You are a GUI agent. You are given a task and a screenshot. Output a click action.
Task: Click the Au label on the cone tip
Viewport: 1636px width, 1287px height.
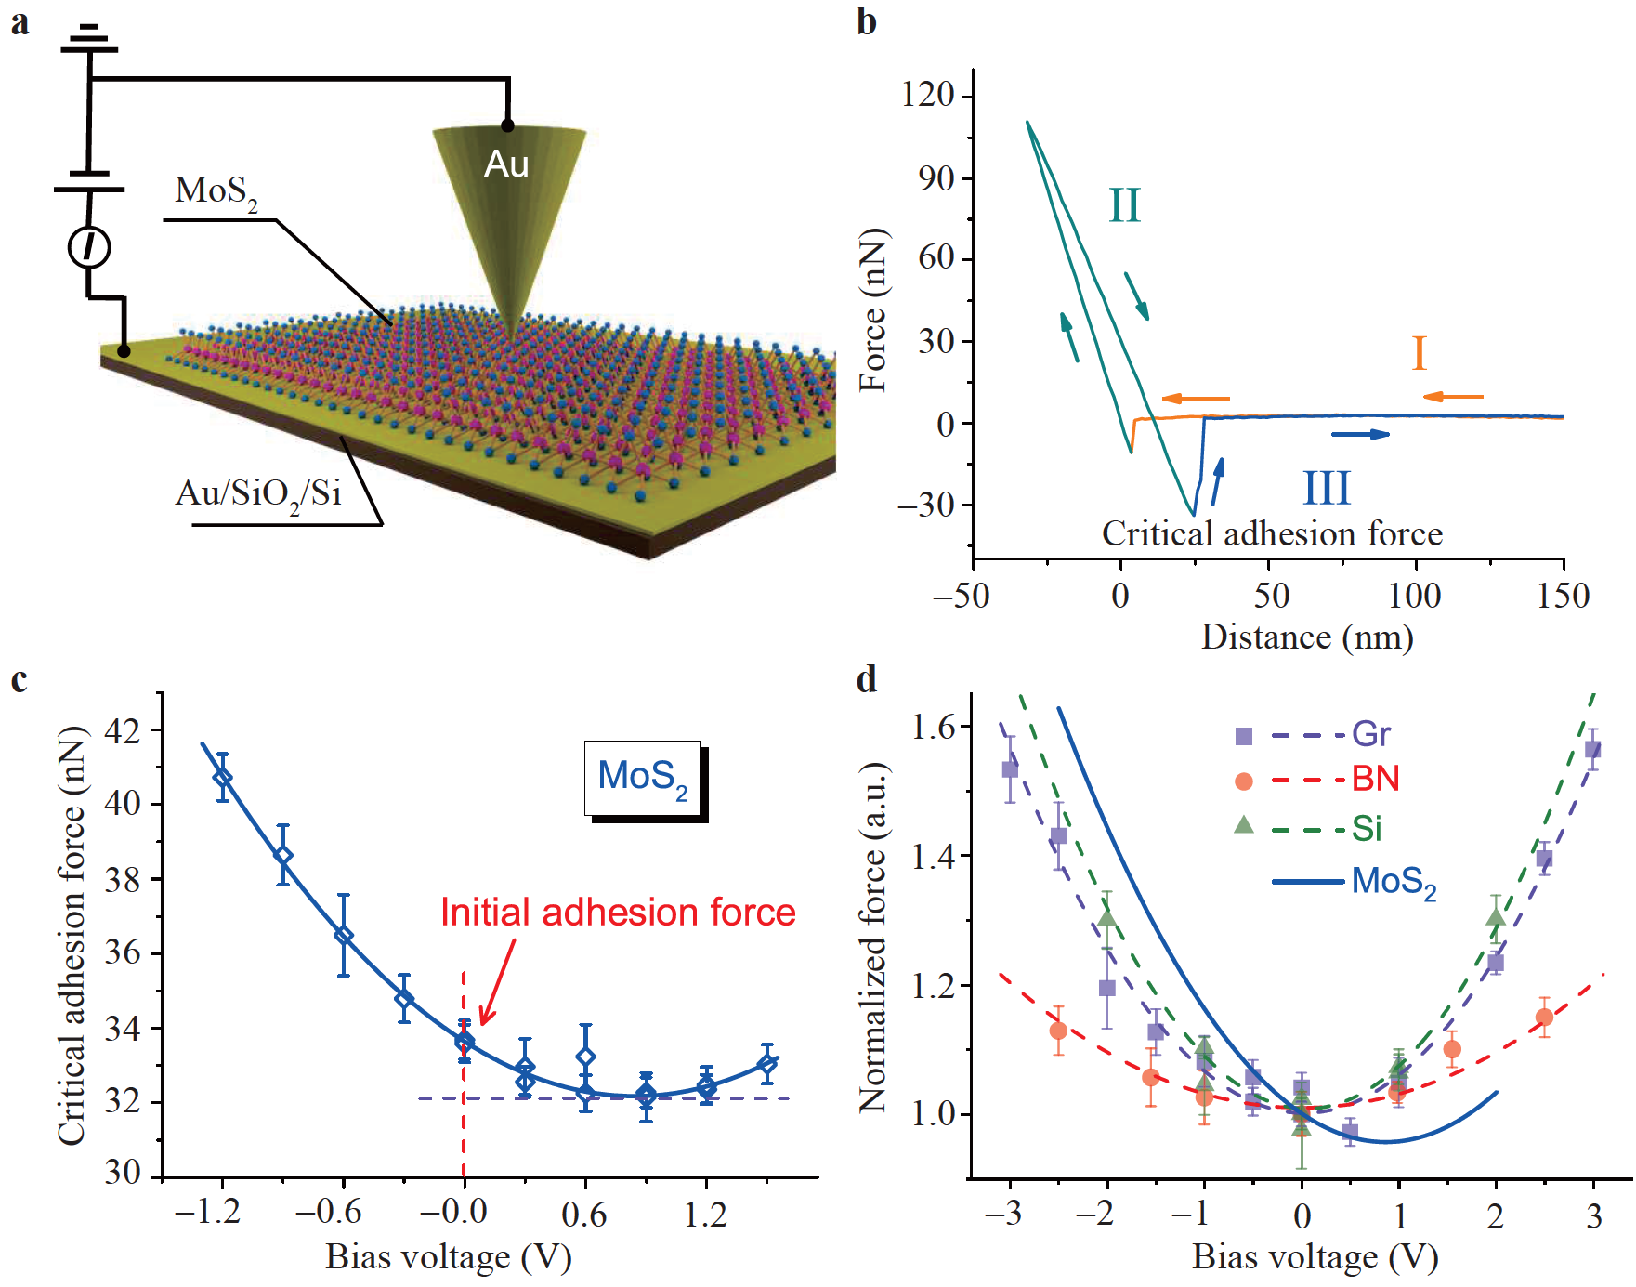click(506, 164)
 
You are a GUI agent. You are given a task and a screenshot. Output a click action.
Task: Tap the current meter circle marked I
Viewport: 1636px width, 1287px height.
click(89, 247)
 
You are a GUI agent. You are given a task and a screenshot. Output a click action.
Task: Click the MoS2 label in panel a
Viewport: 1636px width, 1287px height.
click(216, 191)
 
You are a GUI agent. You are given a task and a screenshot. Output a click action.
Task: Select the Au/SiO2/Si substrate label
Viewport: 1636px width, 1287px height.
click(258, 492)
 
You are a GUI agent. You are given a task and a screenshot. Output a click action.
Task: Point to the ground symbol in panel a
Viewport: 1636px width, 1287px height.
click(89, 37)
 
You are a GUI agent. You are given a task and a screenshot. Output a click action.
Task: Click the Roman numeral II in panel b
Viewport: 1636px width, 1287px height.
click(1124, 205)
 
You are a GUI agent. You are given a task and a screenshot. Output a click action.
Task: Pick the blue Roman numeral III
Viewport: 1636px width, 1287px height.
click(1326, 488)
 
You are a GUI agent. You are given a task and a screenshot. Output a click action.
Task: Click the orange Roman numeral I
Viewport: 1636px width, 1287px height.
click(1419, 354)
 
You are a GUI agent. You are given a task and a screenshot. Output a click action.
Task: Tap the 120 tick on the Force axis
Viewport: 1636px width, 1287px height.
click(928, 95)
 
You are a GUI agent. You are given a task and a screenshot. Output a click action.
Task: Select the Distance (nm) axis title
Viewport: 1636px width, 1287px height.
click(1306, 637)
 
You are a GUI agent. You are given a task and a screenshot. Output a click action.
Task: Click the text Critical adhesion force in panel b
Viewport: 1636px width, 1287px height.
click(1272, 534)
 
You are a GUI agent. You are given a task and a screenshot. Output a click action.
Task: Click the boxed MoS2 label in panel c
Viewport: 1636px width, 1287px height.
click(643, 777)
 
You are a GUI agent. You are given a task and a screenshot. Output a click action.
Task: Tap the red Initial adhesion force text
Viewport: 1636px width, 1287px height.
click(618, 913)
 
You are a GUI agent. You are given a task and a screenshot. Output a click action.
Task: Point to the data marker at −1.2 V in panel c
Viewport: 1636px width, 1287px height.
click(222, 777)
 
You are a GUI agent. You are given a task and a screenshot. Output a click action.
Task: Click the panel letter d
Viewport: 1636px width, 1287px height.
click(866, 679)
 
